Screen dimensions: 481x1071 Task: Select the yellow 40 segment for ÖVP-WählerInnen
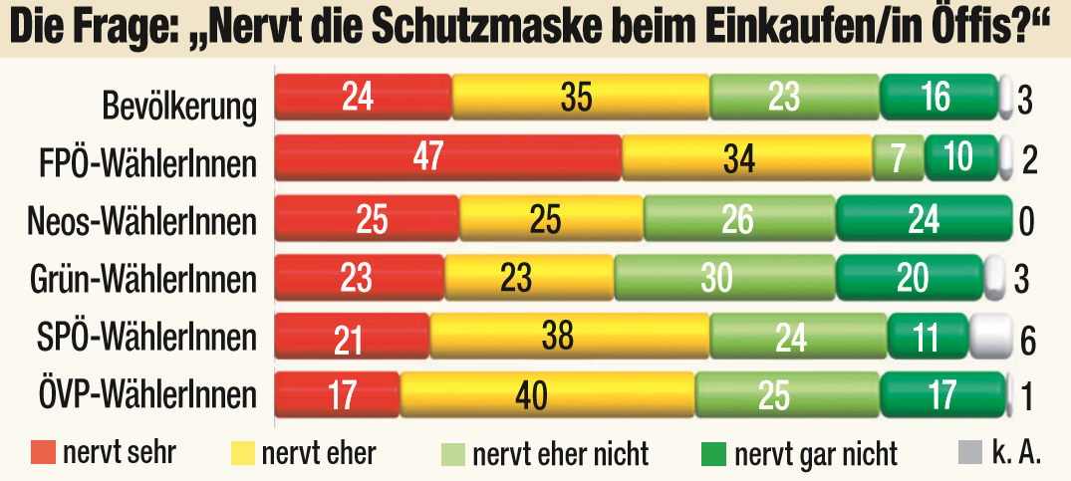[547, 394]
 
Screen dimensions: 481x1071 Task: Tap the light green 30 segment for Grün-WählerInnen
[724, 277]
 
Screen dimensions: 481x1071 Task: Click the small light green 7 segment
[898, 157]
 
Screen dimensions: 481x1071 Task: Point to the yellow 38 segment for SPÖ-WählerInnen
[569, 336]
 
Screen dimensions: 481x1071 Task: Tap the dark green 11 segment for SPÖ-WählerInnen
[927, 336]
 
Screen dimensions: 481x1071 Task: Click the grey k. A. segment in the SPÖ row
[990, 334]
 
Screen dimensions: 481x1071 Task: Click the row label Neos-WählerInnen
[139, 220]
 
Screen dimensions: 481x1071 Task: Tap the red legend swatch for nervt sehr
[43, 453]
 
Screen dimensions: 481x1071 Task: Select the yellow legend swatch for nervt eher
[243, 453]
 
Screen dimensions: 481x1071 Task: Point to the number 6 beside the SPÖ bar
[1027, 341]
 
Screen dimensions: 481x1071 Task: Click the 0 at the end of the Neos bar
[1026, 220]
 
